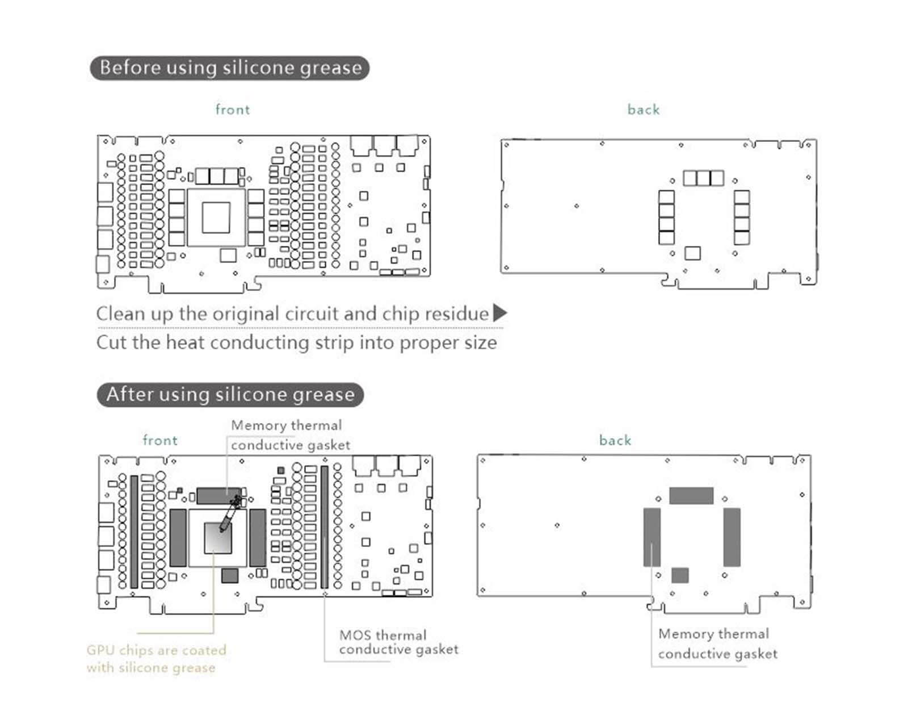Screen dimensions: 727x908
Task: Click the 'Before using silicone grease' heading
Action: coord(230,68)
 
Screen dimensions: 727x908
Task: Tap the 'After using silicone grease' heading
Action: coord(230,395)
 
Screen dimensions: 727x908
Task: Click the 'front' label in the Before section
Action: coord(233,110)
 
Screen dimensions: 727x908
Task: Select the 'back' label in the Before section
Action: coord(644,110)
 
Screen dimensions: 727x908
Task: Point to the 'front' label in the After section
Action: coord(160,440)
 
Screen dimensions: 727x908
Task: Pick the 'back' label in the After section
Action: coord(615,440)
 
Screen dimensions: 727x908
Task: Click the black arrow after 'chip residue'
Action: coord(499,313)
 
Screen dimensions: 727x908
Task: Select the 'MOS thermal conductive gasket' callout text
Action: coord(398,642)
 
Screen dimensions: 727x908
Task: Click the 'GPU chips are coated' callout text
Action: coord(156,650)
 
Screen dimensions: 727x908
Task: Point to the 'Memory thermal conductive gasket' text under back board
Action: coord(717,644)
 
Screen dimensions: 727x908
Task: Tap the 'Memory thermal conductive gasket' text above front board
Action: coord(290,435)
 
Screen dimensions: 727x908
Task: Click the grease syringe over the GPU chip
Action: coord(229,514)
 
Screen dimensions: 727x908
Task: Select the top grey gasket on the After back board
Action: coord(691,496)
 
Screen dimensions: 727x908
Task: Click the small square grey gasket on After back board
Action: coord(680,575)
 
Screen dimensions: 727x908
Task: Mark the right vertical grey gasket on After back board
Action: coord(732,537)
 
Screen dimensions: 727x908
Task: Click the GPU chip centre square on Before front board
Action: coord(216,218)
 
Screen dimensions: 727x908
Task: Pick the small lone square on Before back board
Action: coord(692,253)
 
